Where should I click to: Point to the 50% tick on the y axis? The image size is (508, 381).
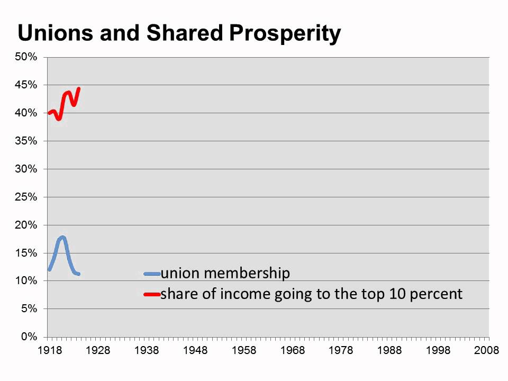coord(26,57)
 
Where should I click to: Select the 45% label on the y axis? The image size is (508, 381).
coord(26,85)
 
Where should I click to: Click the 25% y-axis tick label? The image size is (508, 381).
coord(26,197)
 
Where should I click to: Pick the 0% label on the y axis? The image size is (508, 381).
coord(29,337)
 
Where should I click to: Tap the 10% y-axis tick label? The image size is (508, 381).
coord(26,281)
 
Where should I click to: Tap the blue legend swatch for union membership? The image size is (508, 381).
coord(152,274)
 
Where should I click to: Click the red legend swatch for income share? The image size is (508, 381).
coord(152,294)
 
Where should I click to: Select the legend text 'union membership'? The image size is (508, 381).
coord(225,274)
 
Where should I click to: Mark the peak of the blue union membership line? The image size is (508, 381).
coord(63,238)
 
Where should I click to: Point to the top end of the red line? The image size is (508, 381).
coord(79,88)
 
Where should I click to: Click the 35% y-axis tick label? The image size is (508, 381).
coord(26,141)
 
